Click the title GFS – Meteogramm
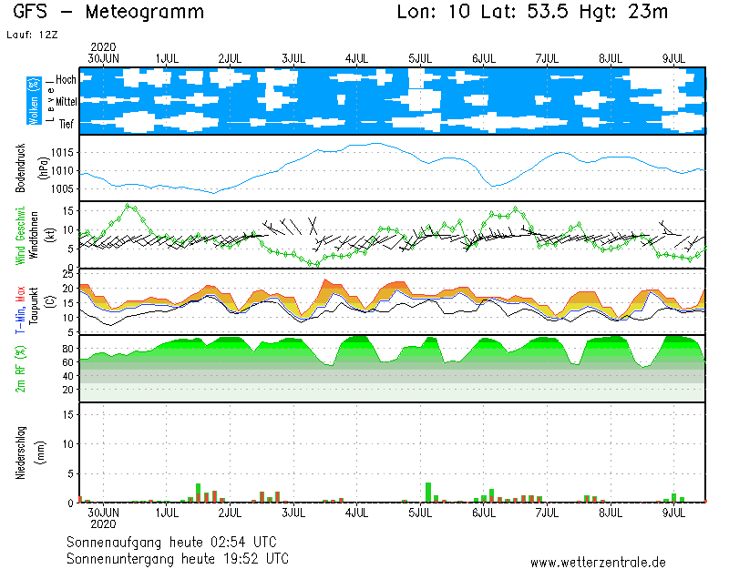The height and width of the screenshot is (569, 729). (108, 13)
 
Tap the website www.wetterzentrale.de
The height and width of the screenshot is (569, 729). (598, 563)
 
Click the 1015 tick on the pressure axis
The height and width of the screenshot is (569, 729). (62, 153)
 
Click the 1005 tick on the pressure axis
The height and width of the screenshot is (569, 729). (62, 189)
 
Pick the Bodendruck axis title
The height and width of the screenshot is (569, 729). (21, 168)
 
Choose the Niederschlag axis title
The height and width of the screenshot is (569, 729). (21, 452)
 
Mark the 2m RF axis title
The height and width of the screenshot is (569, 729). (21, 368)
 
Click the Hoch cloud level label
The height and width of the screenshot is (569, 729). (66, 80)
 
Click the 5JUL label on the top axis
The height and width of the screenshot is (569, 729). (420, 58)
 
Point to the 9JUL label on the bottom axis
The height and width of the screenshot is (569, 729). (673, 513)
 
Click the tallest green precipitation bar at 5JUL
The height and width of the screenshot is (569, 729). (428, 492)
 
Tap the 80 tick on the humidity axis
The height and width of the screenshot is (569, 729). (68, 348)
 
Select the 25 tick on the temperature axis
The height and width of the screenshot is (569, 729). (68, 273)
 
